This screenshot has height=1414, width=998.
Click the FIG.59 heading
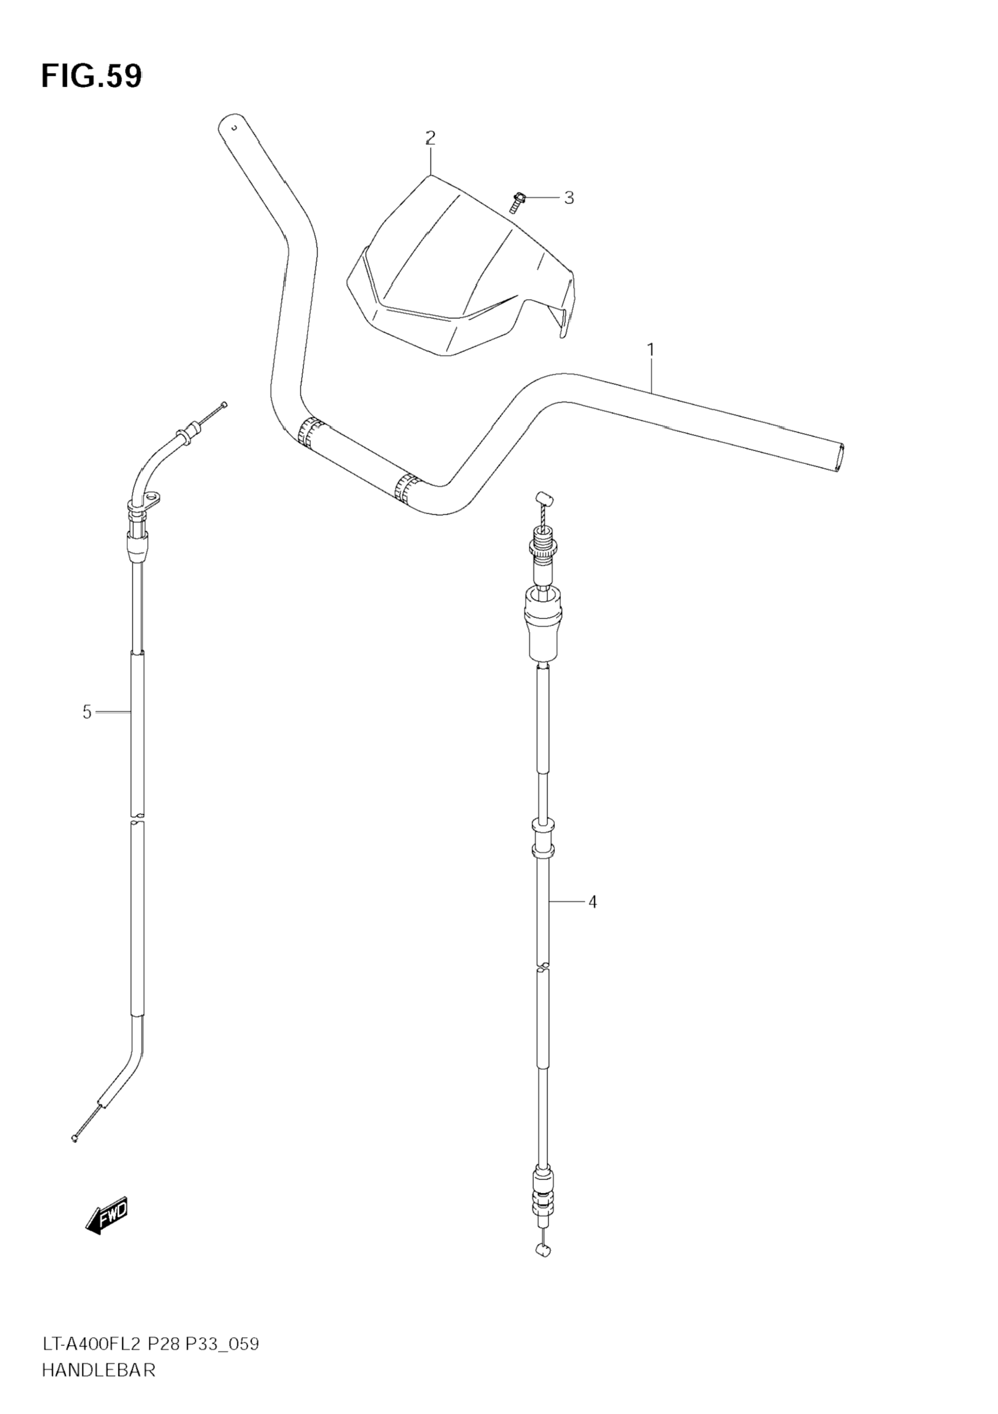click(91, 77)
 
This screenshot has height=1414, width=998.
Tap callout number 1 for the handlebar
click(651, 350)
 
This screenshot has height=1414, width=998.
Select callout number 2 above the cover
click(430, 137)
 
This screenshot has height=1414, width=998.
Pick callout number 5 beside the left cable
click(87, 712)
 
